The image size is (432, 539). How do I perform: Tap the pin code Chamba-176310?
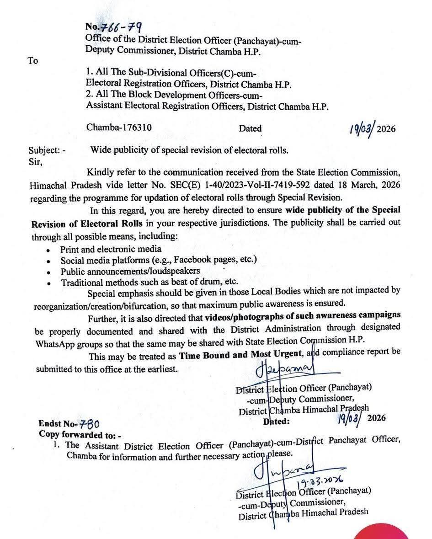point(119,128)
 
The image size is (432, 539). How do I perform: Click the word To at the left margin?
point(33,61)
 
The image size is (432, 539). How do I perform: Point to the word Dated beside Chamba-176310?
point(250,128)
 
